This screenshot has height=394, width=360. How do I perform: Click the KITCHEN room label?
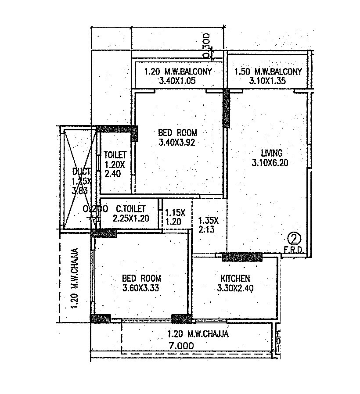(x=235, y=278)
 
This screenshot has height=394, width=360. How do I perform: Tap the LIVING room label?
(x=271, y=153)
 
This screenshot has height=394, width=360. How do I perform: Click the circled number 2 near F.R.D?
(x=293, y=239)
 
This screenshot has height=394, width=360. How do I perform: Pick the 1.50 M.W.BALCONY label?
(x=268, y=72)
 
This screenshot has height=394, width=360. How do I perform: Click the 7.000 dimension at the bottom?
(x=181, y=346)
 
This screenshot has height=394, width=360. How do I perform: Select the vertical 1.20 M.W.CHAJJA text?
(x=75, y=279)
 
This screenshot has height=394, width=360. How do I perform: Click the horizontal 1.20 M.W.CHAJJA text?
(x=198, y=334)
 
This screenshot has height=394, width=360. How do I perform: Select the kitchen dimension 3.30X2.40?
(x=235, y=288)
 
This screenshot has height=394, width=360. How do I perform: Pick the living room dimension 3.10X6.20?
(x=271, y=163)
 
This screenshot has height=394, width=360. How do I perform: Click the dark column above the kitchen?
(x=242, y=257)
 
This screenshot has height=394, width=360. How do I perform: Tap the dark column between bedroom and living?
(x=226, y=108)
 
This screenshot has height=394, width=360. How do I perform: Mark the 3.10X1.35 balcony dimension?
(x=268, y=81)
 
